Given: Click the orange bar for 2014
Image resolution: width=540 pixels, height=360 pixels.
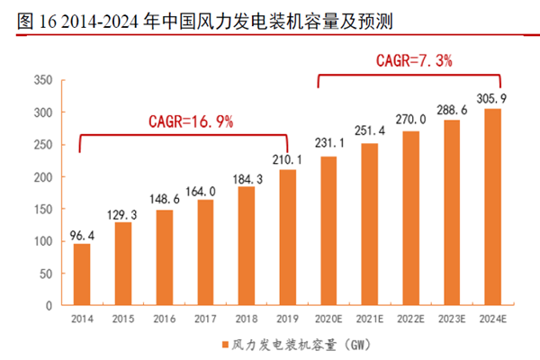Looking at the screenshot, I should click(82, 274).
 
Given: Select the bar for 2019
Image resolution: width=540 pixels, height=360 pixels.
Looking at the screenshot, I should click(287, 238).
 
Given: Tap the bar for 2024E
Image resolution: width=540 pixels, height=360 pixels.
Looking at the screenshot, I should click(493, 207).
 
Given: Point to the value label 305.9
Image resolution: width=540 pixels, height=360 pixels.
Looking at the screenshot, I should click(493, 98).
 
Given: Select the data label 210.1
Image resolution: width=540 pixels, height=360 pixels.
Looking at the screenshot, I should click(287, 159).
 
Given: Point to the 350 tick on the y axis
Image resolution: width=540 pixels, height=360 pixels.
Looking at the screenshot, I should click(41, 80).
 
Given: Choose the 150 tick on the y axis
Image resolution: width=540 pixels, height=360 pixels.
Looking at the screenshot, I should click(41, 209).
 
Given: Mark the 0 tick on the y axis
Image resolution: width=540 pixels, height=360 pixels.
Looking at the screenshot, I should click(48, 305).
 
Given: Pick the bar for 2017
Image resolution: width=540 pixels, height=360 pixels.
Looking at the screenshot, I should click(205, 253).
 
